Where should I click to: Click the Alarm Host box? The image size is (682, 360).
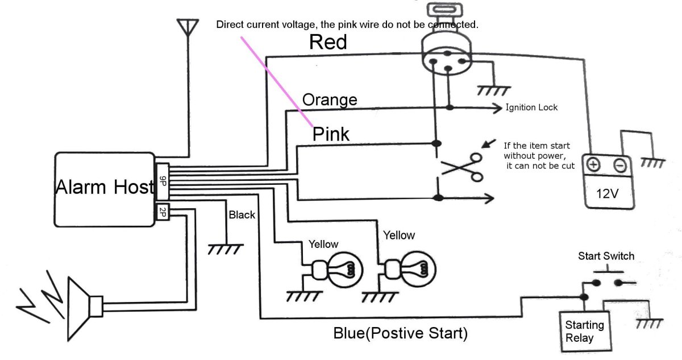105,189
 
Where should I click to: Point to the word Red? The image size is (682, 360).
328,42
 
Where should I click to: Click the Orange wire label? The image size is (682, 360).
330,100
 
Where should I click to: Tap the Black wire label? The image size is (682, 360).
242,215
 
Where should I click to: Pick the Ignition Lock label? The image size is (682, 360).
531,107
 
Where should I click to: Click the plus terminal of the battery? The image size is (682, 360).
593,165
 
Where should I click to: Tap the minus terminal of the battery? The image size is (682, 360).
620,165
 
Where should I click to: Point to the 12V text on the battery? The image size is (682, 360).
607,193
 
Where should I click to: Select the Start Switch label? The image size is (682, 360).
606,256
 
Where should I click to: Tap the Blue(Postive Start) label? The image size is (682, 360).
401,333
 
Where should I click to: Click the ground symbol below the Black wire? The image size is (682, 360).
226,249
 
